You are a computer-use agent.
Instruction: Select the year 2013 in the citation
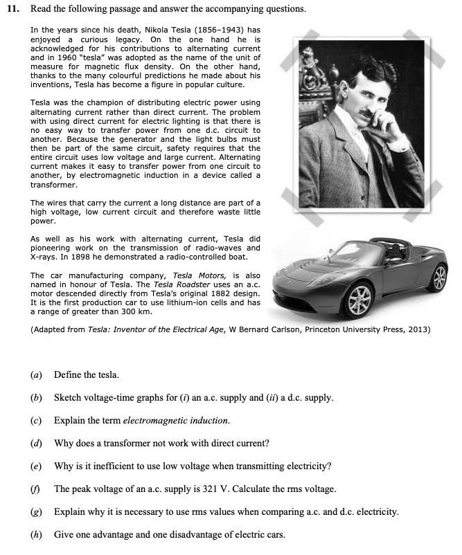pyautogui.click(x=420, y=329)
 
